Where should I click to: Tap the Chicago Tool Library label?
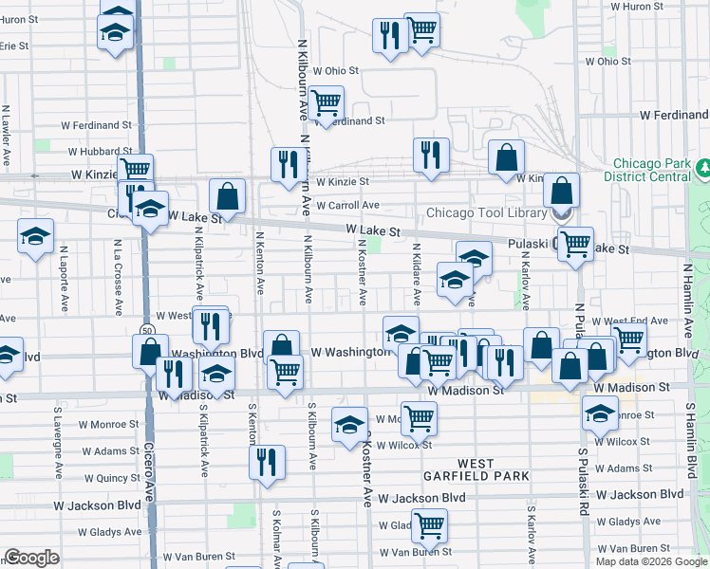click(485, 211)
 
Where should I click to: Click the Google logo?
click(31, 558)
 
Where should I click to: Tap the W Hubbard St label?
click(99, 151)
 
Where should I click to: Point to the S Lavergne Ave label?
click(58, 432)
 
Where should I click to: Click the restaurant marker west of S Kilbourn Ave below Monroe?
click(267, 461)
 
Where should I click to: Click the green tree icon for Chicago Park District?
click(704, 168)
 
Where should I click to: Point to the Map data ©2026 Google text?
click(651, 561)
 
